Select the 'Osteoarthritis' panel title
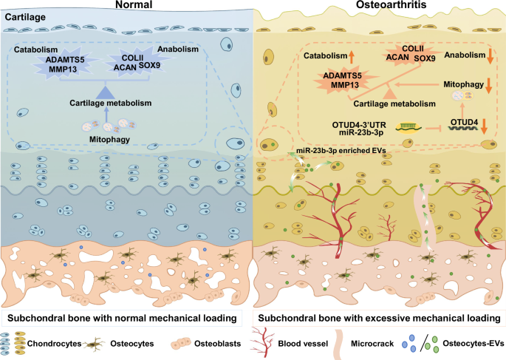(x=379, y=7)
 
